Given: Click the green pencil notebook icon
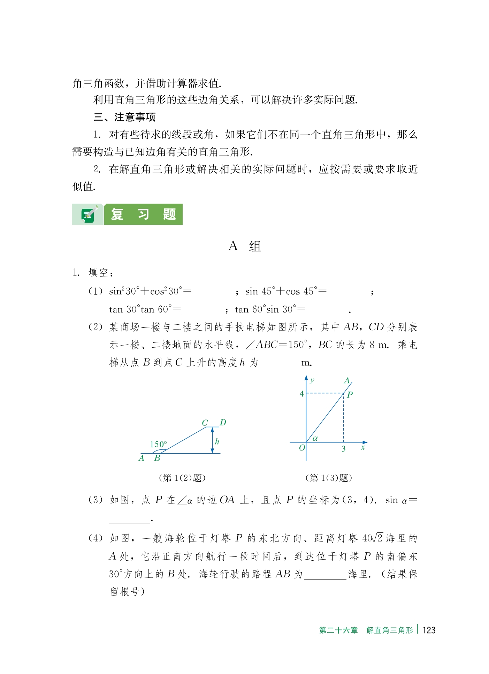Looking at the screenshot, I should click(x=89, y=214).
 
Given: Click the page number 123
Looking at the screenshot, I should click(x=429, y=630).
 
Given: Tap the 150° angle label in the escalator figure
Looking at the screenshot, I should click(x=158, y=444).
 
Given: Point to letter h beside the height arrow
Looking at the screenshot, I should click(x=217, y=441).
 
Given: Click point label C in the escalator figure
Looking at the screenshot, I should click(x=205, y=423).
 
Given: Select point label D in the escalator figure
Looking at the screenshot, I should click(x=223, y=423).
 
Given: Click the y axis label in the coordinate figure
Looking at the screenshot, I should click(x=312, y=380).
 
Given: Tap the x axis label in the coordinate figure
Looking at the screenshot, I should click(x=363, y=447).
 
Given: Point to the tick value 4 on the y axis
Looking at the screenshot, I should click(x=301, y=394).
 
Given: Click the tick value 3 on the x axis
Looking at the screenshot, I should click(x=344, y=449).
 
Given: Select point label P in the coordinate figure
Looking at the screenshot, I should click(x=350, y=394).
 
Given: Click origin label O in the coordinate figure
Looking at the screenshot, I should click(x=302, y=448).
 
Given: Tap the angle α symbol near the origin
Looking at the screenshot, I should click(x=315, y=439).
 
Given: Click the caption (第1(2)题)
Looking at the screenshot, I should click(x=182, y=478).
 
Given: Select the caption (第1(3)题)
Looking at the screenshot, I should click(x=328, y=478).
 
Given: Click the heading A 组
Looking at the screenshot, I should click(x=245, y=246).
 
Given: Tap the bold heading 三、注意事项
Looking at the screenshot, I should click(x=124, y=117).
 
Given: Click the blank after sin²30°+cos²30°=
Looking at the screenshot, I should click(x=213, y=292).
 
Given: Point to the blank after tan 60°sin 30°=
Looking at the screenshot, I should click(x=327, y=310).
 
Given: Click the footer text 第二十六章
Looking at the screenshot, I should click(x=338, y=630).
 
